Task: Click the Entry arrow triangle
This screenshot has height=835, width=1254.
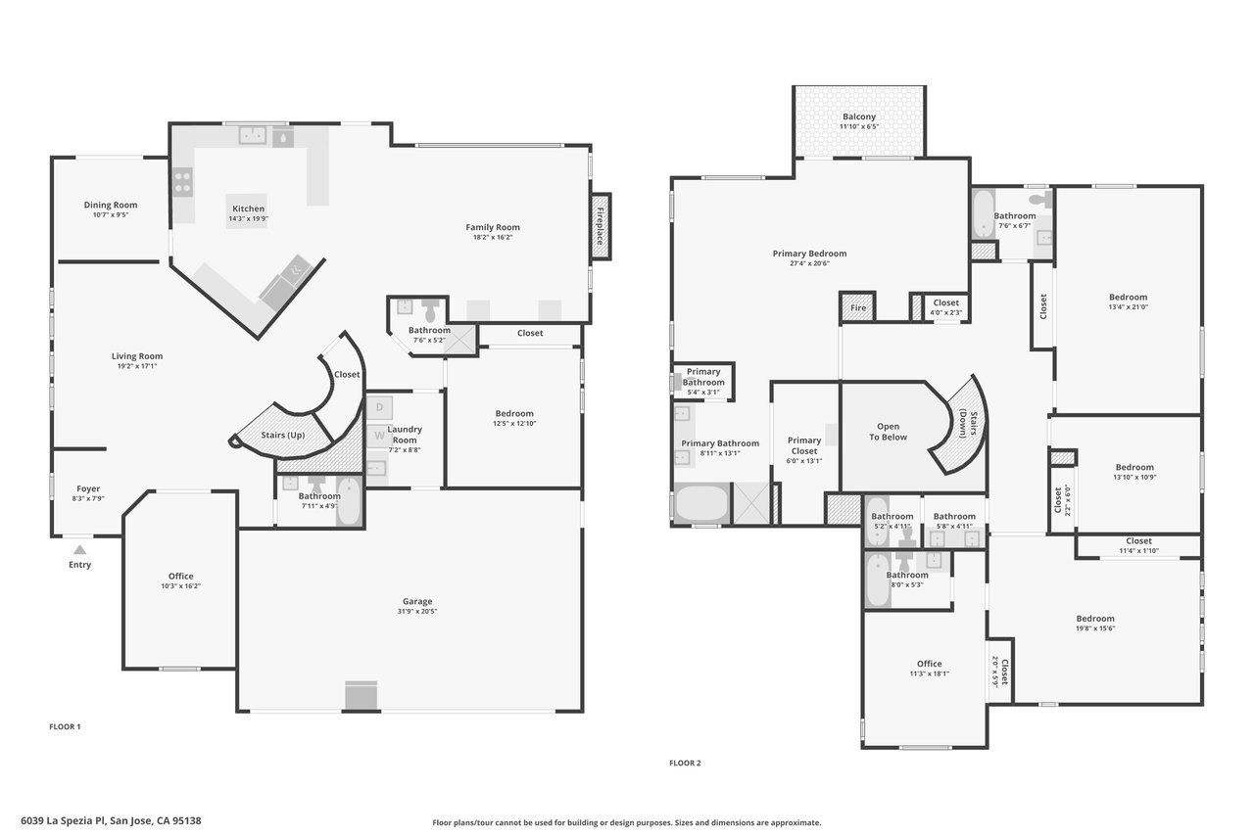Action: click(80, 550)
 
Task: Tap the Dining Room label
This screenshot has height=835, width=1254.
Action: click(111, 205)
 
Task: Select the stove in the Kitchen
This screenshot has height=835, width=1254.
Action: click(182, 182)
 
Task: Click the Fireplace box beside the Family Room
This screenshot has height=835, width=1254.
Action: click(601, 226)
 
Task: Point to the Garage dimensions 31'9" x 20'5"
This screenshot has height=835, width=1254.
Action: click(417, 611)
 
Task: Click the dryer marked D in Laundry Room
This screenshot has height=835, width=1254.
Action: click(379, 408)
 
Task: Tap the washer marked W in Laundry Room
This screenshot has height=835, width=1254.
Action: click(379, 435)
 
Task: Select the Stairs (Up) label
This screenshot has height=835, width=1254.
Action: click(283, 435)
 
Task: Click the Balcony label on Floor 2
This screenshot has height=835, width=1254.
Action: click(859, 116)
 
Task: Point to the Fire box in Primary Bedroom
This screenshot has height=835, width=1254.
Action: click(857, 307)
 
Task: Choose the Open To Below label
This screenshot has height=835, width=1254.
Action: click(888, 432)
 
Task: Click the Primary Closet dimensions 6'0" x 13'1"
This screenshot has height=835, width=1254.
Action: click(804, 461)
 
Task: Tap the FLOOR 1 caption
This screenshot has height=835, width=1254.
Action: click(65, 726)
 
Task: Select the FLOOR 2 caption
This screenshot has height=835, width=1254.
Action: click(685, 763)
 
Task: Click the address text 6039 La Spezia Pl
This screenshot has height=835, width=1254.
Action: click(64, 821)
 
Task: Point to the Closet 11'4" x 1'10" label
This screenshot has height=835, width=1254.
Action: click(1138, 545)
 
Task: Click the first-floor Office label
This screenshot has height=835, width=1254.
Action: click(181, 576)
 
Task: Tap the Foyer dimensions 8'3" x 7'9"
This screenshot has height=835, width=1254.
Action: click(88, 498)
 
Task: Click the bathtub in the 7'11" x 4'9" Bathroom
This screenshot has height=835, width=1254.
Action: click(350, 500)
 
